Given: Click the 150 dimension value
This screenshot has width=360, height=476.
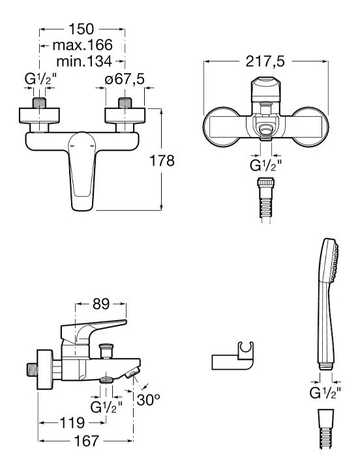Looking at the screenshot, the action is (x=82, y=29).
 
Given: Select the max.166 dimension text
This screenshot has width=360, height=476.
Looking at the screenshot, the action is (x=83, y=45).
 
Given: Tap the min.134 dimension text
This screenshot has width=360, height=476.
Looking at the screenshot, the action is (x=84, y=61).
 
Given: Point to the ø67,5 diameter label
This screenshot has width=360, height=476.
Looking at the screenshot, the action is (x=125, y=80).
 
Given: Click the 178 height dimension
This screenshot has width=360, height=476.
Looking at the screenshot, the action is (x=162, y=160).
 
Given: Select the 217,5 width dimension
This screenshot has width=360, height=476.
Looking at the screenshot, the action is (x=265, y=61).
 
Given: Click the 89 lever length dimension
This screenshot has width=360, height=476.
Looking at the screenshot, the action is (x=101, y=304).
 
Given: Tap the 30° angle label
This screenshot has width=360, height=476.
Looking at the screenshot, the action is (x=149, y=400).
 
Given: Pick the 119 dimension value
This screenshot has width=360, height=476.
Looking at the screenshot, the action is (x=72, y=423).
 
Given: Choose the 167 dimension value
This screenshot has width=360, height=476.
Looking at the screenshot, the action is (x=87, y=441).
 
